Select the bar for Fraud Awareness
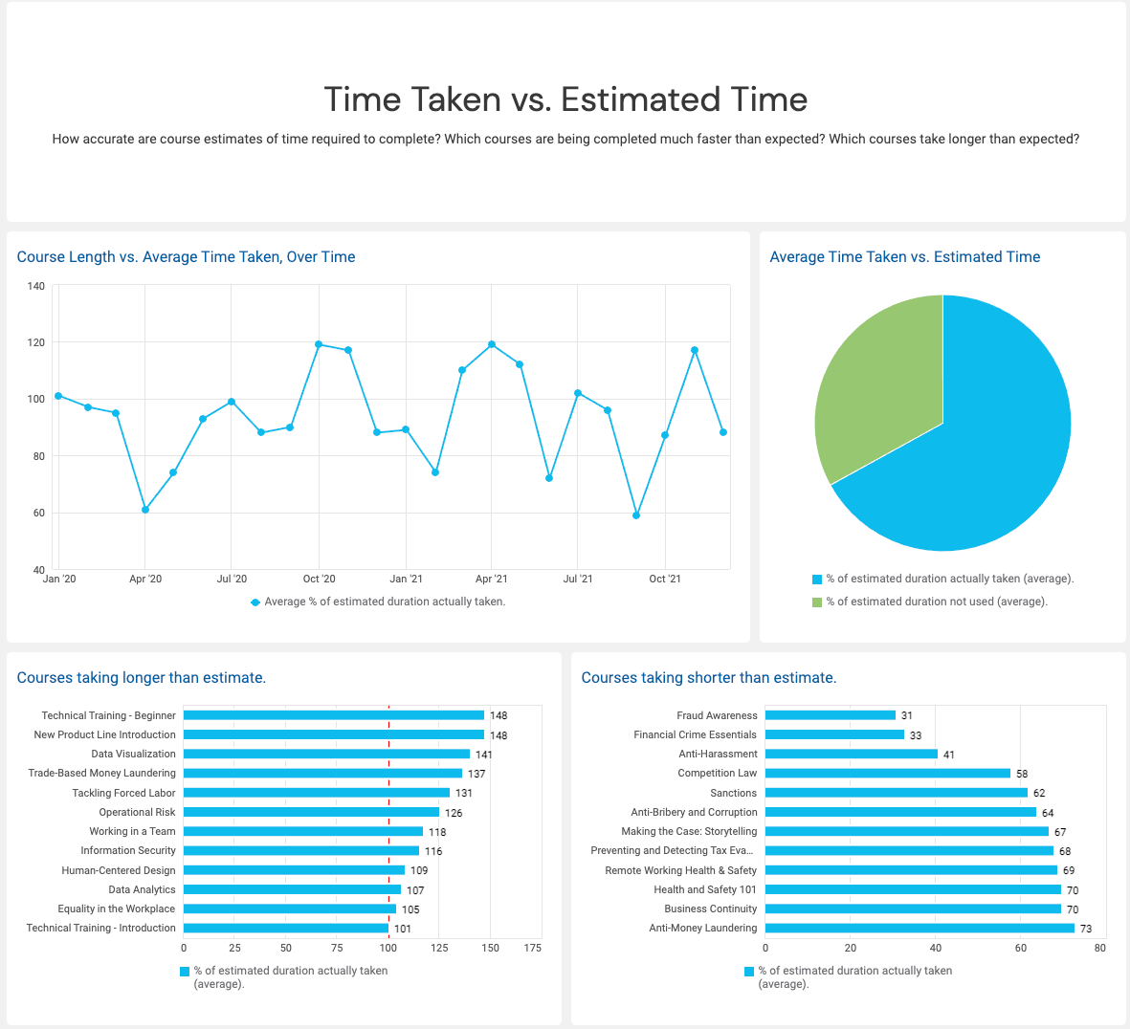click(830, 715)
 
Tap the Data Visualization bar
click(325, 754)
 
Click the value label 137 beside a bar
click(476, 774)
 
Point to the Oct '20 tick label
click(319, 579)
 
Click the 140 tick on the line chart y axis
click(36, 286)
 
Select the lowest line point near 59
click(636, 515)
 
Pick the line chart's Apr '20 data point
click(144, 510)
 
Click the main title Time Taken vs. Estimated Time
click(565, 99)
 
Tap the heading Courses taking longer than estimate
click(142, 677)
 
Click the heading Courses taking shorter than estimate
click(709, 677)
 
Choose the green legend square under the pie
click(817, 602)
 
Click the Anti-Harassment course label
click(718, 755)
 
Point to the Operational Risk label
click(137, 812)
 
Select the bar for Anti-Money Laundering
click(919, 928)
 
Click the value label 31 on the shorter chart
click(907, 716)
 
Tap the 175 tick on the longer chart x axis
click(533, 948)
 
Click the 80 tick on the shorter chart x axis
click(1099, 948)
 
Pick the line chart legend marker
click(255, 602)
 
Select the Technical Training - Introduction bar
click(285, 928)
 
